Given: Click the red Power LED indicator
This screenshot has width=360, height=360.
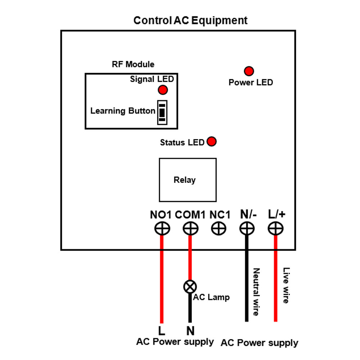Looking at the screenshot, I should click(x=249, y=71).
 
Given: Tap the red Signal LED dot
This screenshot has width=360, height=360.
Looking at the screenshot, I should click(x=163, y=89).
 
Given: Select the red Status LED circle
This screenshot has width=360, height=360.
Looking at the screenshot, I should click(x=212, y=141).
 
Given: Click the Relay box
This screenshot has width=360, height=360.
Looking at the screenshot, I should click(x=188, y=180).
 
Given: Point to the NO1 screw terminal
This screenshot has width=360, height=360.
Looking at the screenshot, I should click(x=162, y=228).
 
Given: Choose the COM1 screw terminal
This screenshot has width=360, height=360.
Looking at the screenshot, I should click(x=190, y=228).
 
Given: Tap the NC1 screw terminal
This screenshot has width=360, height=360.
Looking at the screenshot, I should click(x=218, y=228).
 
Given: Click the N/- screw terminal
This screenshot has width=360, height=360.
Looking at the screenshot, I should click(x=247, y=228).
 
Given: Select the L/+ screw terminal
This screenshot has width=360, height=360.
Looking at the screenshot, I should click(x=275, y=228).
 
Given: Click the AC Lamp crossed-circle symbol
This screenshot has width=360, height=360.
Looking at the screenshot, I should click(x=190, y=287).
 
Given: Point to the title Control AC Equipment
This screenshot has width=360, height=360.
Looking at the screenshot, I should click(x=190, y=20).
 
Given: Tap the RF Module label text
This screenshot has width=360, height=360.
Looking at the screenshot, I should click(x=133, y=64).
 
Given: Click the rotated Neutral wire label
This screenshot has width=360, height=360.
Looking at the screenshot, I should click(x=256, y=292).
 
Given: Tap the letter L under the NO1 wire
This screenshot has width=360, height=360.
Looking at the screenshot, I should click(x=162, y=330).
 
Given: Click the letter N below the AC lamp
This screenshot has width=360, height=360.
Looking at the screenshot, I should click(x=190, y=330).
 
